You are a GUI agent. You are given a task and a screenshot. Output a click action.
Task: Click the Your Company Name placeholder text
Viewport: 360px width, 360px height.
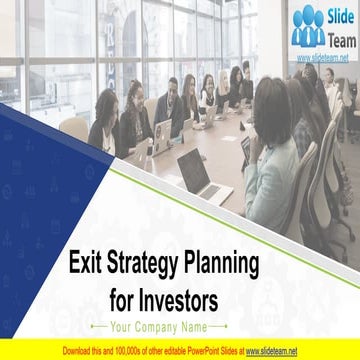(x=159, y=326)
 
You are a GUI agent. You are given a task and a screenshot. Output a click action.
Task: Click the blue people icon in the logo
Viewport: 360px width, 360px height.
(x=307, y=28)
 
